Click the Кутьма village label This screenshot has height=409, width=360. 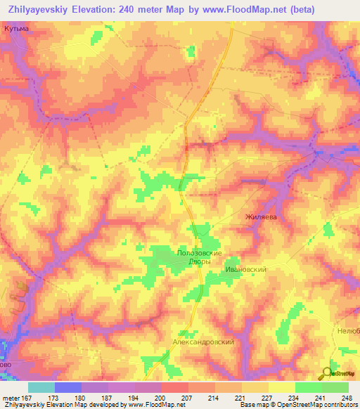coord(16,28)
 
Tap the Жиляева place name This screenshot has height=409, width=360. coord(261,217)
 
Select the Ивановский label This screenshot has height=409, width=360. coord(244,268)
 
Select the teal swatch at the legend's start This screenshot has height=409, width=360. coord(41,387)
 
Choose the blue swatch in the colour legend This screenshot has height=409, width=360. coord(68,387)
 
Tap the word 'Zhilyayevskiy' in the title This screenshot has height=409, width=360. coord(41,10)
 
